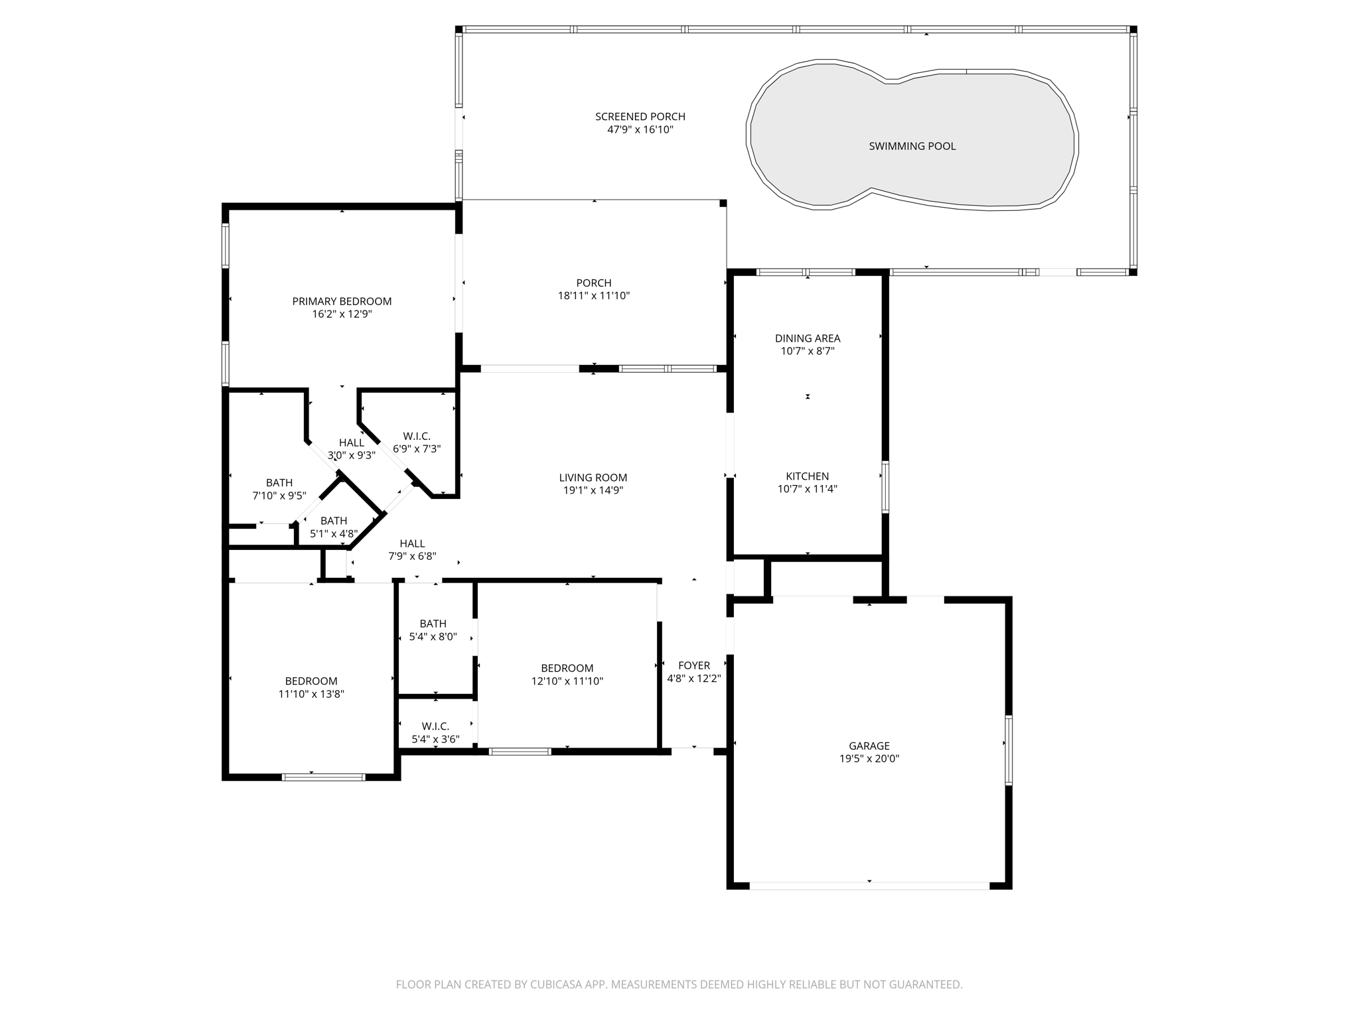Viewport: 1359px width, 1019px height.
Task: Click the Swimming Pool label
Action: [912, 146]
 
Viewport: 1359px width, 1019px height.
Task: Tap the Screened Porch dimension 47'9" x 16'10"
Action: [640, 130]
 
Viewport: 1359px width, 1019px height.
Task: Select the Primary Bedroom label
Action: [342, 301]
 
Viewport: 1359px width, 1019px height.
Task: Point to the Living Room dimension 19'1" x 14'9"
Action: [593, 491]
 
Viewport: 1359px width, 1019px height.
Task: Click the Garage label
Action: [869, 746]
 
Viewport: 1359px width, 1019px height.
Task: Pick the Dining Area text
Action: [807, 338]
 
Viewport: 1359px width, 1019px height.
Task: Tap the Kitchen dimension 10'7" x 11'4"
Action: [807, 490]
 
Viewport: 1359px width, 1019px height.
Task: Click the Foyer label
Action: [693, 665]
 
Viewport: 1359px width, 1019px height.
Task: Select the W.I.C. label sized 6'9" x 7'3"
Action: [416, 436]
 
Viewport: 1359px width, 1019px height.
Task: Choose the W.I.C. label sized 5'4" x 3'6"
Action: [435, 726]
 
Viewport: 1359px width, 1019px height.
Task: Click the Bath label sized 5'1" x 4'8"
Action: [333, 521]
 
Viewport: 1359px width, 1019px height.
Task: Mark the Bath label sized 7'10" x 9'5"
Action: [279, 483]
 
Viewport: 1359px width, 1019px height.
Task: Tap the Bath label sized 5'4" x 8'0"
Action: [433, 624]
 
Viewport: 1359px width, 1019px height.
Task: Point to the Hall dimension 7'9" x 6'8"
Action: [412, 557]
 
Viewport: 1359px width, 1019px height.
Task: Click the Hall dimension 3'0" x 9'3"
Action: [351, 456]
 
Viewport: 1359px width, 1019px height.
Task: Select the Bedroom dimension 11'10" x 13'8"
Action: [311, 695]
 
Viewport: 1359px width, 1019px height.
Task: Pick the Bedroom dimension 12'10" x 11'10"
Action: [567, 681]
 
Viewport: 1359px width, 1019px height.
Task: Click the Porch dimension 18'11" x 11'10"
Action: [593, 296]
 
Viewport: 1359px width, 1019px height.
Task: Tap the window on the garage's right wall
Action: [1008, 750]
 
